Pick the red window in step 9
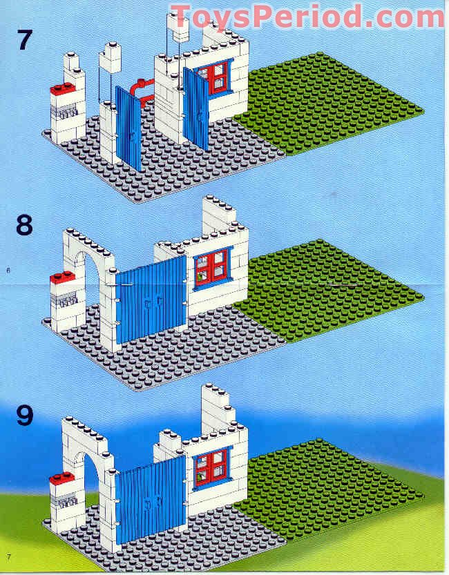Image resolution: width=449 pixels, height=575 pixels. point(212,466)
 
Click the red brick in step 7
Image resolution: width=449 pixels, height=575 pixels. point(64,88)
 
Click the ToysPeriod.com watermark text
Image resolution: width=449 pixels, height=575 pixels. point(307,15)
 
